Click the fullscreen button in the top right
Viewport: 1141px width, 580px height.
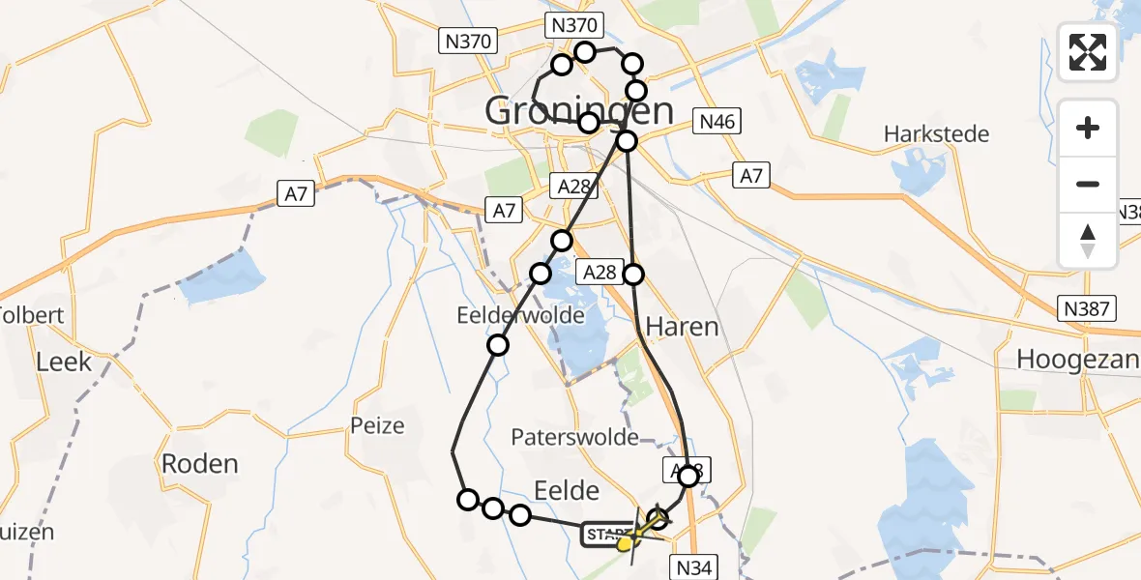point(1088,52)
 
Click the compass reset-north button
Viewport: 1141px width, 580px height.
point(1088,241)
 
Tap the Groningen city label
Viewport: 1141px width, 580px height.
point(579,111)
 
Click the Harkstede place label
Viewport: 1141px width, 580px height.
point(936,133)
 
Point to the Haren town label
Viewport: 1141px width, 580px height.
point(683,327)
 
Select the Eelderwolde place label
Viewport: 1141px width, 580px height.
point(521,315)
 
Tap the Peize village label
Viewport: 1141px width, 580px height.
point(378,425)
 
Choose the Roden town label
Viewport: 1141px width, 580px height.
point(199,463)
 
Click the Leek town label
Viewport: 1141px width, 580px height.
point(64,362)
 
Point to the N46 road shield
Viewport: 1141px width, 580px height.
point(717,122)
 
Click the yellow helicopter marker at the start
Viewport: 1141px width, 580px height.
point(627,543)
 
